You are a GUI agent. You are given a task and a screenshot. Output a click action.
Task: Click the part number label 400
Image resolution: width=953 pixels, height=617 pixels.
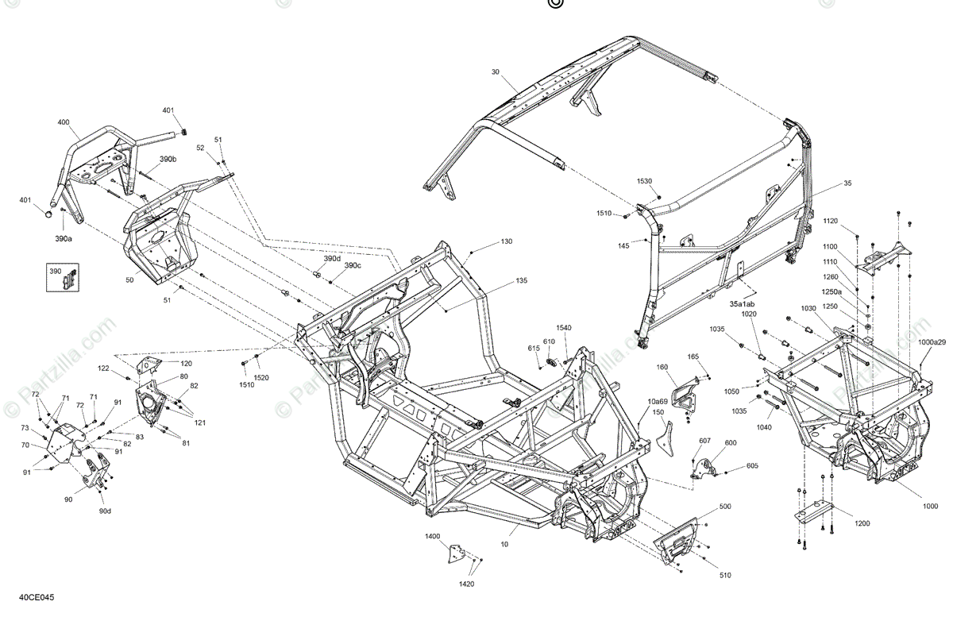pos(64,122)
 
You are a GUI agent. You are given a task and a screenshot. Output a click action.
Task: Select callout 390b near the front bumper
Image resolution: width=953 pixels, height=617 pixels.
pos(168,160)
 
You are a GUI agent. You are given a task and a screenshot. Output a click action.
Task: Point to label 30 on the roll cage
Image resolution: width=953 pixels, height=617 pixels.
pos(496,72)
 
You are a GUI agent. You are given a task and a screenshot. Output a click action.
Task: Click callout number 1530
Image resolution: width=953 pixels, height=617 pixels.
pos(644,182)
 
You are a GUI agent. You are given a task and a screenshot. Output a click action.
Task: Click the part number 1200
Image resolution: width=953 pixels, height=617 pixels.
pos(862,523)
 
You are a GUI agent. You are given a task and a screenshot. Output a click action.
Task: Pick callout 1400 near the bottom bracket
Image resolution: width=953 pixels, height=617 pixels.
pos(432,537)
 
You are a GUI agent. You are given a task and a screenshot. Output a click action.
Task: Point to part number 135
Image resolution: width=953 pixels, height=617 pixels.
pos(521,280)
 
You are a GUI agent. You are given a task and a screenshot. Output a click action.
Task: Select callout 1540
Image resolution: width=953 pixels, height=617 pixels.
pos(563,328)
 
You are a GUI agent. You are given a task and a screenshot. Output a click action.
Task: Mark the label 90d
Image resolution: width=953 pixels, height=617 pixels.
pos(105,511)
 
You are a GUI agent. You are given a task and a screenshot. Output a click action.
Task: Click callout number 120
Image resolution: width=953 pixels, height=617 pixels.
pos(186,362)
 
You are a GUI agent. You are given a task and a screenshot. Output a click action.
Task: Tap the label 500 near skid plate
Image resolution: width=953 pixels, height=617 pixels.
pos(725,506)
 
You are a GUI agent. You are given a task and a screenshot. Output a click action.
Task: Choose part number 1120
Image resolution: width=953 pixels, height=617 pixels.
pos(830,220)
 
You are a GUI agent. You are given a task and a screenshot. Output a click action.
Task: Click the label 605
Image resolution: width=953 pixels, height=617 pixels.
pos(752,466)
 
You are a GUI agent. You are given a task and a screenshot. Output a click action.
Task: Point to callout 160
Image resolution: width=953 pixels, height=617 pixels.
pos(662,367)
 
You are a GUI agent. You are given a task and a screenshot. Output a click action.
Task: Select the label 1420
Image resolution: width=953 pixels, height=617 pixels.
pos(466,584)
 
